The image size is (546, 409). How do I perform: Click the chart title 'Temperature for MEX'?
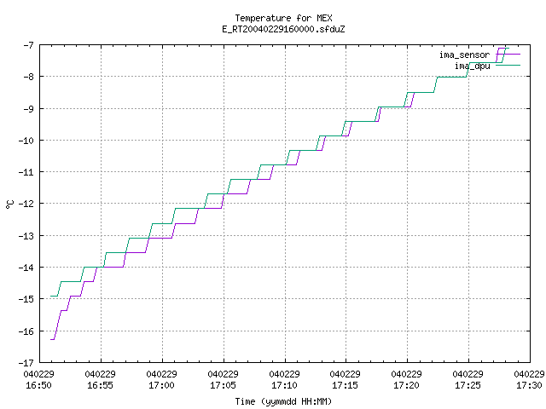(283, 18)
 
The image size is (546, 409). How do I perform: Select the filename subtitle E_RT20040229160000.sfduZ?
(283, 29)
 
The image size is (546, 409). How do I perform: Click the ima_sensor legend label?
(464, 55)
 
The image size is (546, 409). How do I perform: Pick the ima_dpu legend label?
(472, 66)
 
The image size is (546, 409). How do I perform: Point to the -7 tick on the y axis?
(28, 45)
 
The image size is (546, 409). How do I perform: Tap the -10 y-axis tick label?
(26, 141)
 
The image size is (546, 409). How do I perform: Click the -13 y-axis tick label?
(26, 236)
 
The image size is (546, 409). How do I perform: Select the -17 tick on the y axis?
(26, 363)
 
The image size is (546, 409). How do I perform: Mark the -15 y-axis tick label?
(26, 299)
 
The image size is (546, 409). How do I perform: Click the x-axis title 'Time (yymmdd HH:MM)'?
(283, 401)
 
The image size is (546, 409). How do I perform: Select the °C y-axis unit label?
(9, 204)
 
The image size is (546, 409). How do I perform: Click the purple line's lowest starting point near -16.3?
(51, 339)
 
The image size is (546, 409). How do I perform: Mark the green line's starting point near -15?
(51, 296)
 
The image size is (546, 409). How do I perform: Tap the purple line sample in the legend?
(508, 55)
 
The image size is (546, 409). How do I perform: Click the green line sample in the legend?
(508, 65)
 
